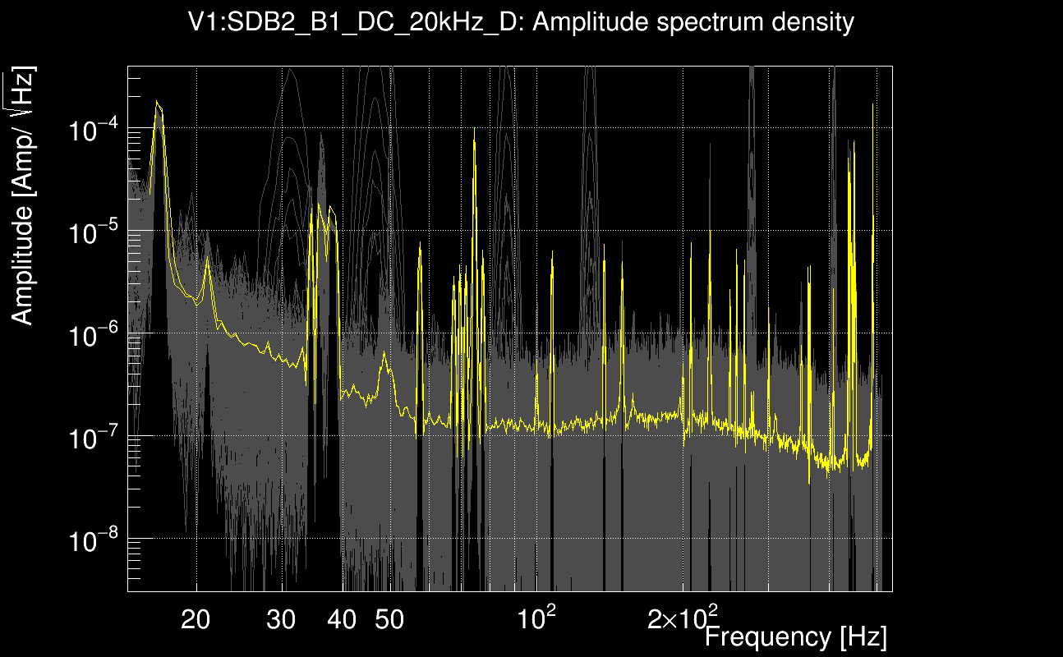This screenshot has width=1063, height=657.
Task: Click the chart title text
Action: pos(522,23)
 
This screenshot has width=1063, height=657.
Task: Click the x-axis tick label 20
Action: pos(196,621)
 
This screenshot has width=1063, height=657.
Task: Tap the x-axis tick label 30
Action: pos(282,621)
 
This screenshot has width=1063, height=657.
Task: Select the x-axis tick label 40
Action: pos(342,621)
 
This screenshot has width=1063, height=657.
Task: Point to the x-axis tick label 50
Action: pos(389,621)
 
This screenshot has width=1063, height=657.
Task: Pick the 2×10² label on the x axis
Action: pos(683,618)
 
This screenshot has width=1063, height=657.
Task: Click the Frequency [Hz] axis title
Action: pos(795,636)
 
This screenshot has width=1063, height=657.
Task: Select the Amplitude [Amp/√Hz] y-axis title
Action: pos(24,197)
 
